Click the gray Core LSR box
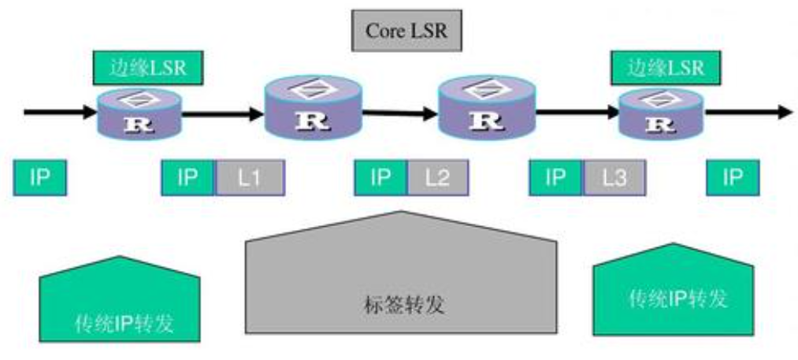point(406,31)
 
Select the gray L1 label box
point(250,178)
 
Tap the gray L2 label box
point(438,178)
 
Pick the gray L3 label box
point(614,178)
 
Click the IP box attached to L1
point(188,178)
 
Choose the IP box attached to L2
point(380,178)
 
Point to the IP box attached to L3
point(556,178)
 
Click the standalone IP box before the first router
point(39,178)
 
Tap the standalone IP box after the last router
point(733,178)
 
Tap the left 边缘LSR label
point(148,68)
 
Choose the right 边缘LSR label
point(666,68)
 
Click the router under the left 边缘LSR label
point(139,114)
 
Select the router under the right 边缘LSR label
point(661,114)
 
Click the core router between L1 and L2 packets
point(313,107)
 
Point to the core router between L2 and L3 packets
point(487,107)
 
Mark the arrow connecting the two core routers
point(400,113)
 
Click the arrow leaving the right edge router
point(748,112)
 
